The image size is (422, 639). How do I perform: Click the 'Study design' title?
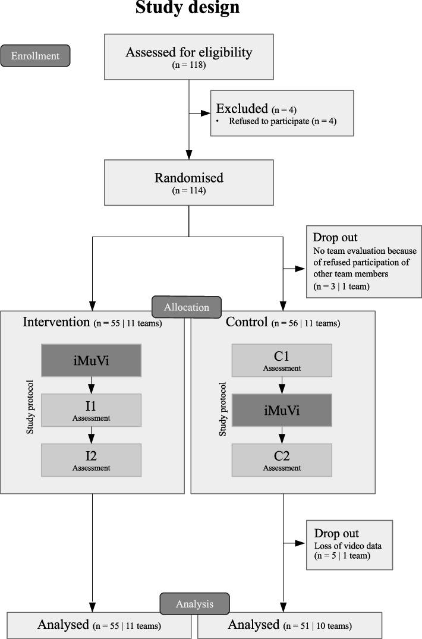188,8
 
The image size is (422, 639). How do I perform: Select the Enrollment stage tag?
36,56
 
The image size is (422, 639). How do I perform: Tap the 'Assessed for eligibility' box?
188,56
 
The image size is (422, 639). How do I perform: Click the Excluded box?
282,113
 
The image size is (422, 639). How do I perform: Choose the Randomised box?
188,183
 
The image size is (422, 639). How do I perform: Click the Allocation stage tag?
187,307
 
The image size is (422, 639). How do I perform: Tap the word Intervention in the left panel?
56,322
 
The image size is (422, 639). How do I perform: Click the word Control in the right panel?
247,322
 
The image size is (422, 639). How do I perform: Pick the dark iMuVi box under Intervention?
91,360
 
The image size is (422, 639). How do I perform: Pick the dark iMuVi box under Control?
282,410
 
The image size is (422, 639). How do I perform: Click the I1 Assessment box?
91,410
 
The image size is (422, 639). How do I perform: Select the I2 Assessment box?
91,459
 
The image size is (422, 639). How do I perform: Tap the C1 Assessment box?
282,360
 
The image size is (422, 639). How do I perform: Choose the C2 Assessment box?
282,459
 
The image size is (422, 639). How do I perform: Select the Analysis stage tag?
194,604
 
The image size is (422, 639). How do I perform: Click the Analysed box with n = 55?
99,625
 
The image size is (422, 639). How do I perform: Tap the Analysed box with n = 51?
289,625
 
